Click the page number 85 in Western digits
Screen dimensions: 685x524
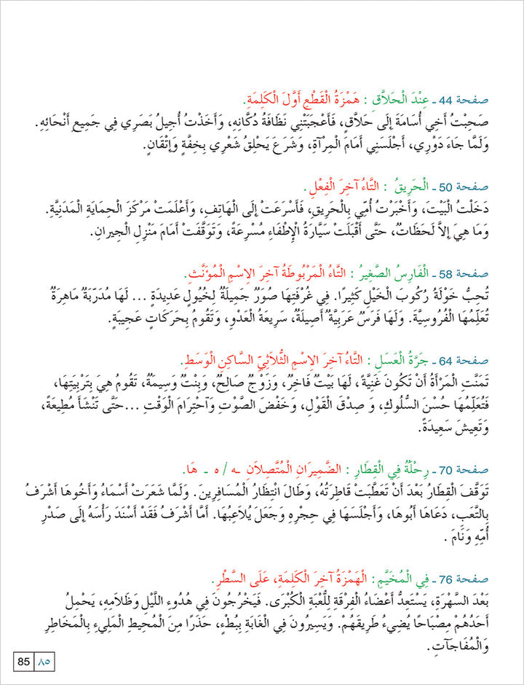(x=23, y=662)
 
